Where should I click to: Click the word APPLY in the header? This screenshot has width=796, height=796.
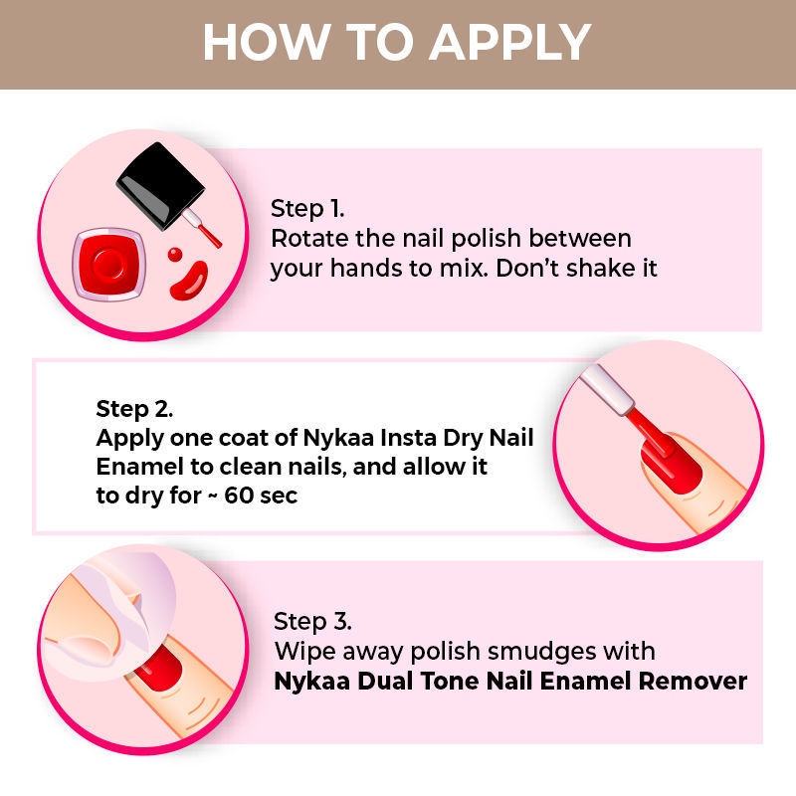510,43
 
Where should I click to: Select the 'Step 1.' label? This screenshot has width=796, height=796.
307,210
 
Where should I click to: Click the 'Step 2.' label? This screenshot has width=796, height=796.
134,410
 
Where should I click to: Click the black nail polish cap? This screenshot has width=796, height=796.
160,185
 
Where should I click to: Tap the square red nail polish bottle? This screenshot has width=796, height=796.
108,265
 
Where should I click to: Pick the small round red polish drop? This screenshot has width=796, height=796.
175,255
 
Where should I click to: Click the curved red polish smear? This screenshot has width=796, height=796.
189,282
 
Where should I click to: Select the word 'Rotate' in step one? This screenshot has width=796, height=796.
309,239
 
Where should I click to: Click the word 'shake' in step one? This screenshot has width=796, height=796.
601,268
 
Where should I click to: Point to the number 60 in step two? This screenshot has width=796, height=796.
240,496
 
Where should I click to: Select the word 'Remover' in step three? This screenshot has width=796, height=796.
693,682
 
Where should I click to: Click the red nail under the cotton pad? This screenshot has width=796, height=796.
159,668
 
